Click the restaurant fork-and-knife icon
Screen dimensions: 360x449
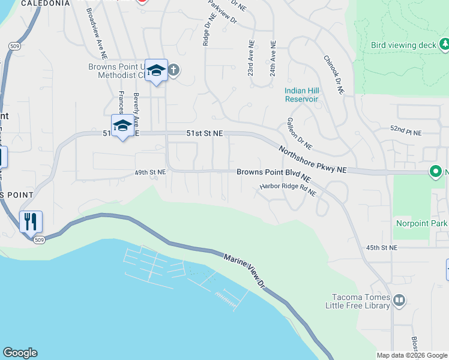coord(30,221)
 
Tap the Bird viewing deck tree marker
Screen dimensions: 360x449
coord(444,44)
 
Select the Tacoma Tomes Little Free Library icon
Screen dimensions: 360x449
coord(399,299)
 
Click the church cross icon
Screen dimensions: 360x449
coord(173,70)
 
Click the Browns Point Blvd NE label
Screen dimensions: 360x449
coord(273,175)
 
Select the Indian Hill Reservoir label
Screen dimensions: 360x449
coord(301,95)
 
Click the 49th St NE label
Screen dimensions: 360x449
coord(149,172)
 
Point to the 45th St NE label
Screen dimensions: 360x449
coord(382,247)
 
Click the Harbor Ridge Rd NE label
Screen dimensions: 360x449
coord(288,190)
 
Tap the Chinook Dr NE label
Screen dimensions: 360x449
coord(333,75)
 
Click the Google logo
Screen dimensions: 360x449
coord(20,353)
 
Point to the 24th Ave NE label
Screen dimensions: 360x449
coord(273,58)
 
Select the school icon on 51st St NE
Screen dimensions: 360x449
coord(122,125)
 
